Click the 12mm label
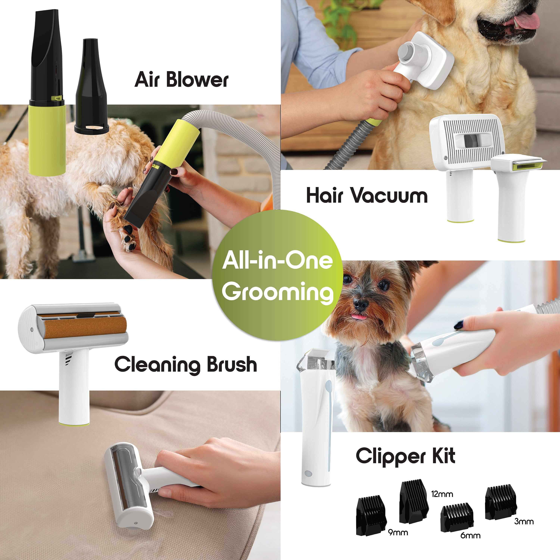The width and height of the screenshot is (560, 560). pyautogui.click(x=442, y=494)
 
